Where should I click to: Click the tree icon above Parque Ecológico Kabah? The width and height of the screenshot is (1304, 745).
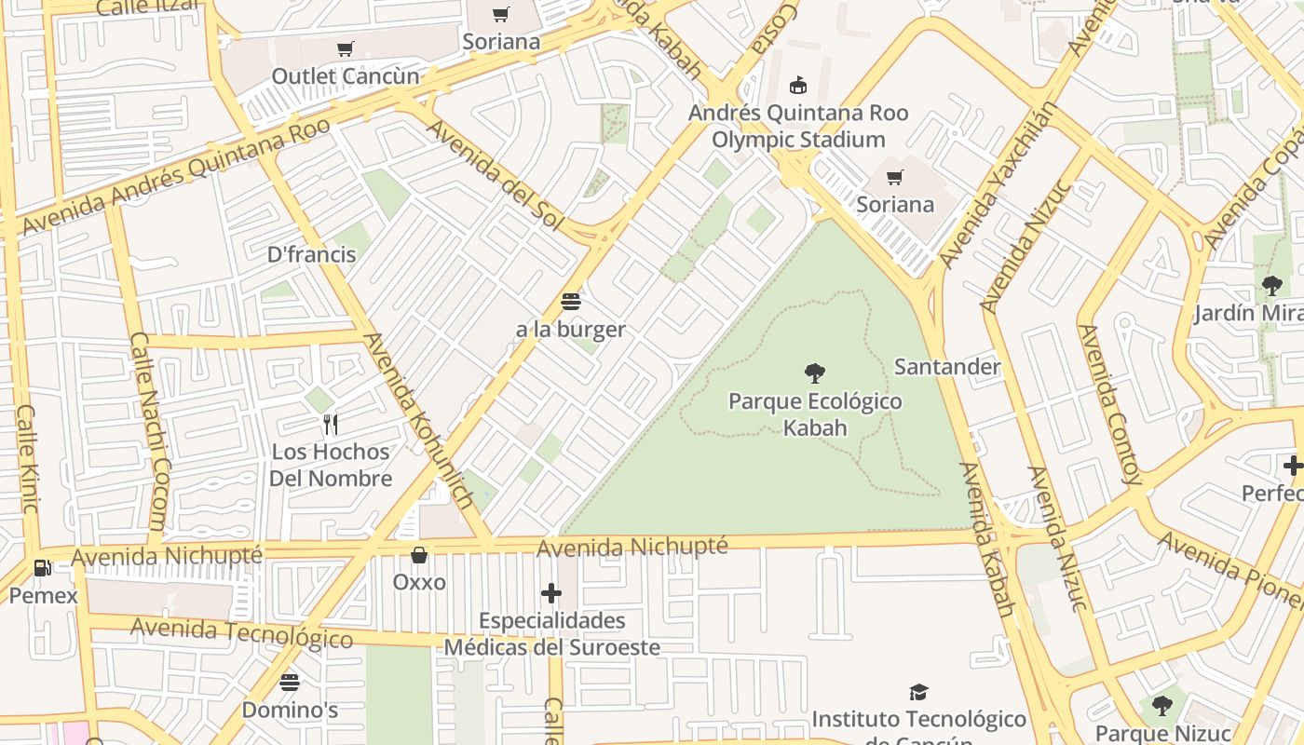(815, 373)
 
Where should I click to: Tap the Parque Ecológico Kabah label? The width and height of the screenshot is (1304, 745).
(815, 414)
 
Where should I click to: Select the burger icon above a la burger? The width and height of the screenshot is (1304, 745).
(571, 302)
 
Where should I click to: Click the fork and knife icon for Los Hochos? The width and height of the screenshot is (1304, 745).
(330, 425)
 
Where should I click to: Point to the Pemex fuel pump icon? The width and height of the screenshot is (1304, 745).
(43, 567)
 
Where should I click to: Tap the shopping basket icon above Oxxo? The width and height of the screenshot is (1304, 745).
(419, 555)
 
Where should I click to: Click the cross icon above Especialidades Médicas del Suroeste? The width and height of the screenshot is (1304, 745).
(551, 592)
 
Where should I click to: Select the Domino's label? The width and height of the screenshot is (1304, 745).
(290, 710)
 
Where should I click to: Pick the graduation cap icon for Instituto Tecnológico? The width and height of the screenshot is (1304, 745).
(918, 692)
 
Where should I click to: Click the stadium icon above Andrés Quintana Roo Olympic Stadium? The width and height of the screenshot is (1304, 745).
(798, 86)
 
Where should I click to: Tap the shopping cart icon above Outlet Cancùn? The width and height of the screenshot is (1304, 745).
(346, 48)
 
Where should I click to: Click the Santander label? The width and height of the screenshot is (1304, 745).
(947, 367)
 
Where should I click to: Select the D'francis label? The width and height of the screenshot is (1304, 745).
(312, 254)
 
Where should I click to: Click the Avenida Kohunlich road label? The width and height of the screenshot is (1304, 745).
(419, 421)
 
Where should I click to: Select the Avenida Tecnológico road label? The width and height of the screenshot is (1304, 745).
(241, 632)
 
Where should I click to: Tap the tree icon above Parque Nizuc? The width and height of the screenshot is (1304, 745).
(1161, 705)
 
